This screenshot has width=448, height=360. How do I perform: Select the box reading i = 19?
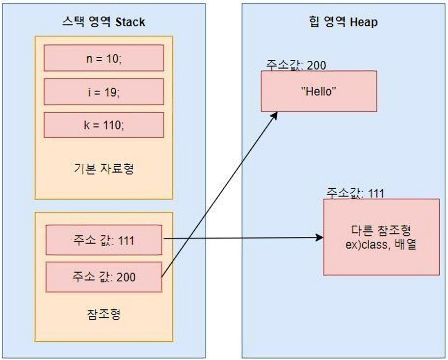104,92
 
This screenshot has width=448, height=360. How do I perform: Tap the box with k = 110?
104,126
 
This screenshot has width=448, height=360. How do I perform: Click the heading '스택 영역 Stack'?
104,22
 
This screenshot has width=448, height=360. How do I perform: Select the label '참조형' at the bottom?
104,313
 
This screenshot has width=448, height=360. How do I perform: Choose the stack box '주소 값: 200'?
104,277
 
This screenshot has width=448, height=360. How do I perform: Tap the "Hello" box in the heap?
319,92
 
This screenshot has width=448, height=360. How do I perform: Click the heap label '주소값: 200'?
296,65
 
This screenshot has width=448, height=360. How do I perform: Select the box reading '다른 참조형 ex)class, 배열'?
382,236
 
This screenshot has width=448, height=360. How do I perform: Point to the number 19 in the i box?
110,92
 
